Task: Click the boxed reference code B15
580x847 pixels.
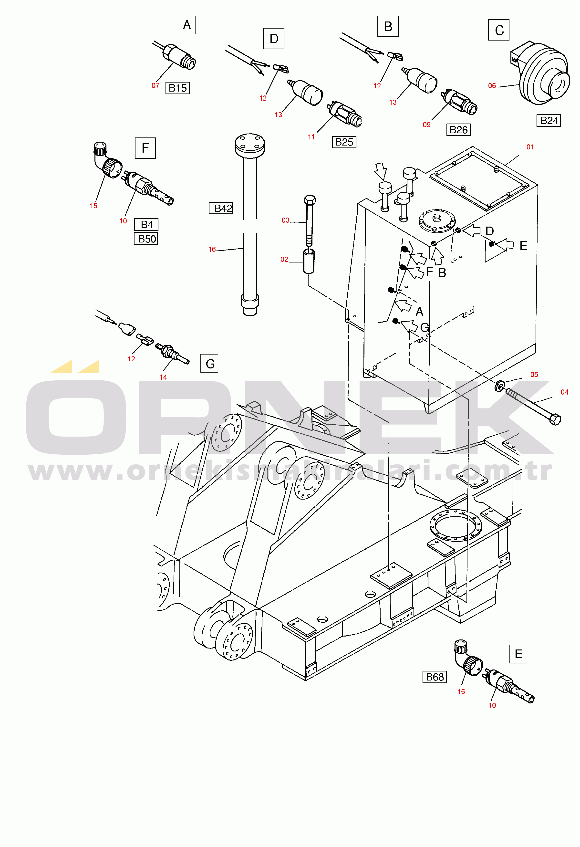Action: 177,88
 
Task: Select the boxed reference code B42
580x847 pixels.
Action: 221,208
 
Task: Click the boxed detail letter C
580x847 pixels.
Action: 499,30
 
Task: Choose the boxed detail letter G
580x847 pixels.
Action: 209,363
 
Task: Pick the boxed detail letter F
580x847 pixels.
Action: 145,148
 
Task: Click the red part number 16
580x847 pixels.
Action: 212,249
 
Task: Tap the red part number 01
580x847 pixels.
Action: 530,147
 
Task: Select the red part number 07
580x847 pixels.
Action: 155,85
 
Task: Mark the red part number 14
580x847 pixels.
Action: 163,377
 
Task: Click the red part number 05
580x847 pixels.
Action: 534,374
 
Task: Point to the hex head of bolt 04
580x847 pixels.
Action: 555,419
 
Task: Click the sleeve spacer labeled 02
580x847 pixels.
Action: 309,261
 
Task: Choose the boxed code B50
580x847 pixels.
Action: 146,239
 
